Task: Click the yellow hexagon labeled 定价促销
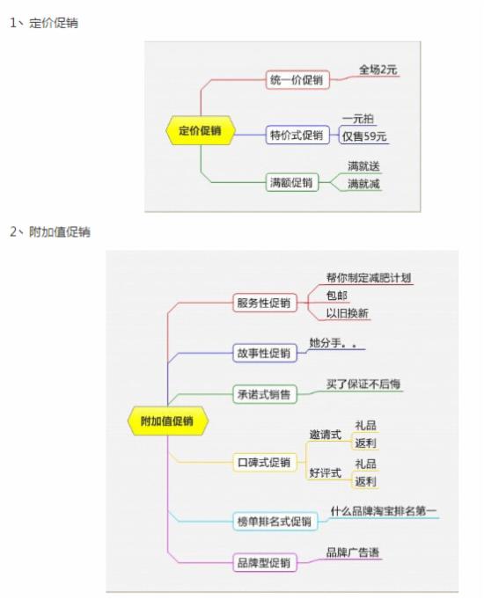click(x=200, y=130)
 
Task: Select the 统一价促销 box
click(x=297, y=80)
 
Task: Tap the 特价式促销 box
click(x=297, y=135)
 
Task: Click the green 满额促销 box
click(x=292, y=182)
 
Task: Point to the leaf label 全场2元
click(x=378, y=70)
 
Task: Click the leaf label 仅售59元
click(x=364, y=136)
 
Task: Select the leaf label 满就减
click(x=363, y=184)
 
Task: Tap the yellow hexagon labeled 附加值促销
click(x=167, y=421)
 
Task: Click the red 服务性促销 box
click(x=264, y=303)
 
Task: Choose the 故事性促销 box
click(x=264, y=353)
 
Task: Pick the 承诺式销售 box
click(x=264, y=394)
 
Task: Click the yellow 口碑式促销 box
click(x=264, y=462)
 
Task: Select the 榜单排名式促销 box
click(x=275, y=521)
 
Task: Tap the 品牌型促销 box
click(x=264, y=562)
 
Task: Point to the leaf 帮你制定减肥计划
click(x=369, y=278)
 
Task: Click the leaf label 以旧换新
click(x=347, y=313)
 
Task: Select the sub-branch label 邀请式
click(x=326, y=435)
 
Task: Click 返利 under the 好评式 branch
click(x=365, y=481)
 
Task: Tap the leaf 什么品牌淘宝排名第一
click(x=384, y=511)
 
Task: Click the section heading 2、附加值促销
click(x=50, y=232)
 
